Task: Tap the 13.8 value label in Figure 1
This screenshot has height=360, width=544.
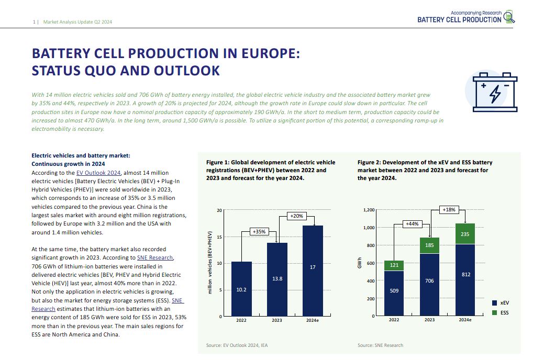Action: (x=277, y=279)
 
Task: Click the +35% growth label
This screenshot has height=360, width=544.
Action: (x=259, y=231)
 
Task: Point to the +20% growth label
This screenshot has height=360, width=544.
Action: (x=296, y=216)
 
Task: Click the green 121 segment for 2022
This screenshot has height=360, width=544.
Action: (x=393, y=265)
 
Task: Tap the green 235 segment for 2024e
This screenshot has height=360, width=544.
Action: (x=464, y=234)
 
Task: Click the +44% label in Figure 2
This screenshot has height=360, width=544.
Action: (x=412, y=224)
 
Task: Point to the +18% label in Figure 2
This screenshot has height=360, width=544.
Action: (x=449, y=209)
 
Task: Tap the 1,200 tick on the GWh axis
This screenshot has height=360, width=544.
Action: (x=369, y=210)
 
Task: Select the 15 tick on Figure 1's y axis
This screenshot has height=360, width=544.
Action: (x=219, y=237)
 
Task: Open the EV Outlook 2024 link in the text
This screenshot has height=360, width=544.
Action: (x=98, y=173)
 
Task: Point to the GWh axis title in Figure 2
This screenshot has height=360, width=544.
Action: (x=360, y=263)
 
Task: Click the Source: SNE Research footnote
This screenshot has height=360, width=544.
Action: (x=380, y=345)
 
